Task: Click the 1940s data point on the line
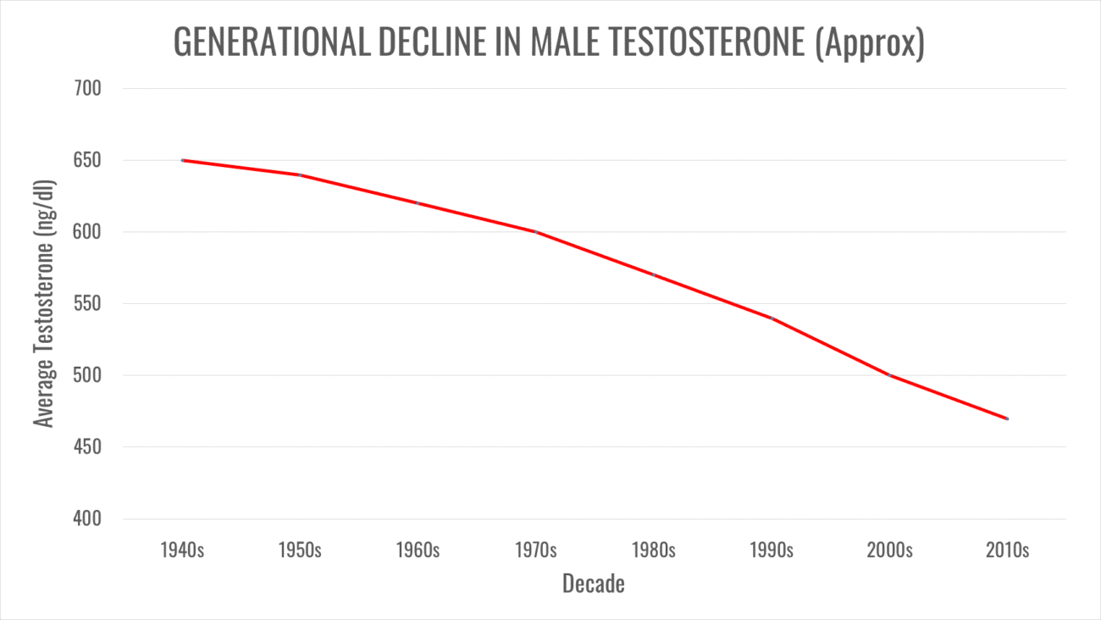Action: (x=182, y=160)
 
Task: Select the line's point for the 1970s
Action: (x=536, y=232)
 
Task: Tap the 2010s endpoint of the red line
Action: (x=1007, y=418)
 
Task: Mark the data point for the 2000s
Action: (x=889, y=375)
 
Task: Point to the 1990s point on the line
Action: (x=772, y=318)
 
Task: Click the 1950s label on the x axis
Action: (x=300, y=551)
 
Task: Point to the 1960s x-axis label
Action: (x=418, y=551)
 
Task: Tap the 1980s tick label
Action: (x=654, y=551)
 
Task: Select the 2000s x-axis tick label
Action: (x=889, y=551)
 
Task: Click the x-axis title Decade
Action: (x=593, y=584)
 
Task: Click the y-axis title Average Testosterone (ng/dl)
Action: (x=44, y=303)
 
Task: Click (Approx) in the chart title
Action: (x=870, y=43)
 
